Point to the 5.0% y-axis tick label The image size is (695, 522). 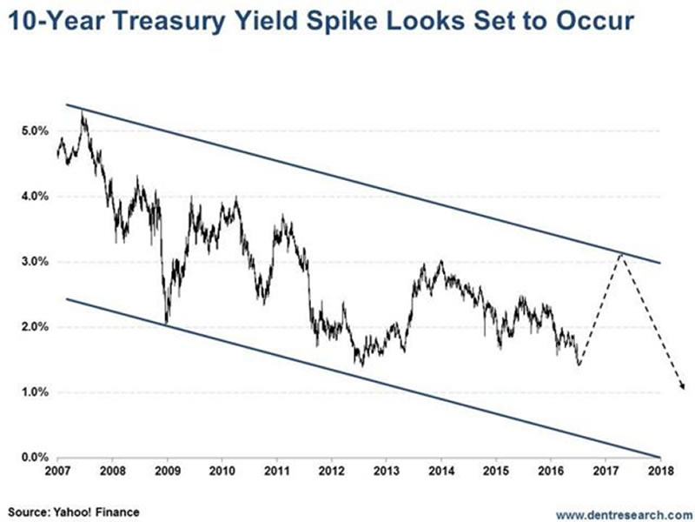pos(32,130)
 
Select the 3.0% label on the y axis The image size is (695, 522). pos(32,262)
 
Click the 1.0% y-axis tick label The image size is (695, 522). pos(32,392)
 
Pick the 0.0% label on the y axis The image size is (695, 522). pos(32,458)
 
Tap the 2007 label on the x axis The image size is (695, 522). pos(56,474)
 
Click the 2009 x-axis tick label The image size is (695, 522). pos(167,474)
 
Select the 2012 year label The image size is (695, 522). pos(331,474)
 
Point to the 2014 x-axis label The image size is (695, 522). pos(441,474)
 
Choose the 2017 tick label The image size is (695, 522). pos(606,474)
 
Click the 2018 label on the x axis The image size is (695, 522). pos(660,474)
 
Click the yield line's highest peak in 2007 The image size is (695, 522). pos(83,112)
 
